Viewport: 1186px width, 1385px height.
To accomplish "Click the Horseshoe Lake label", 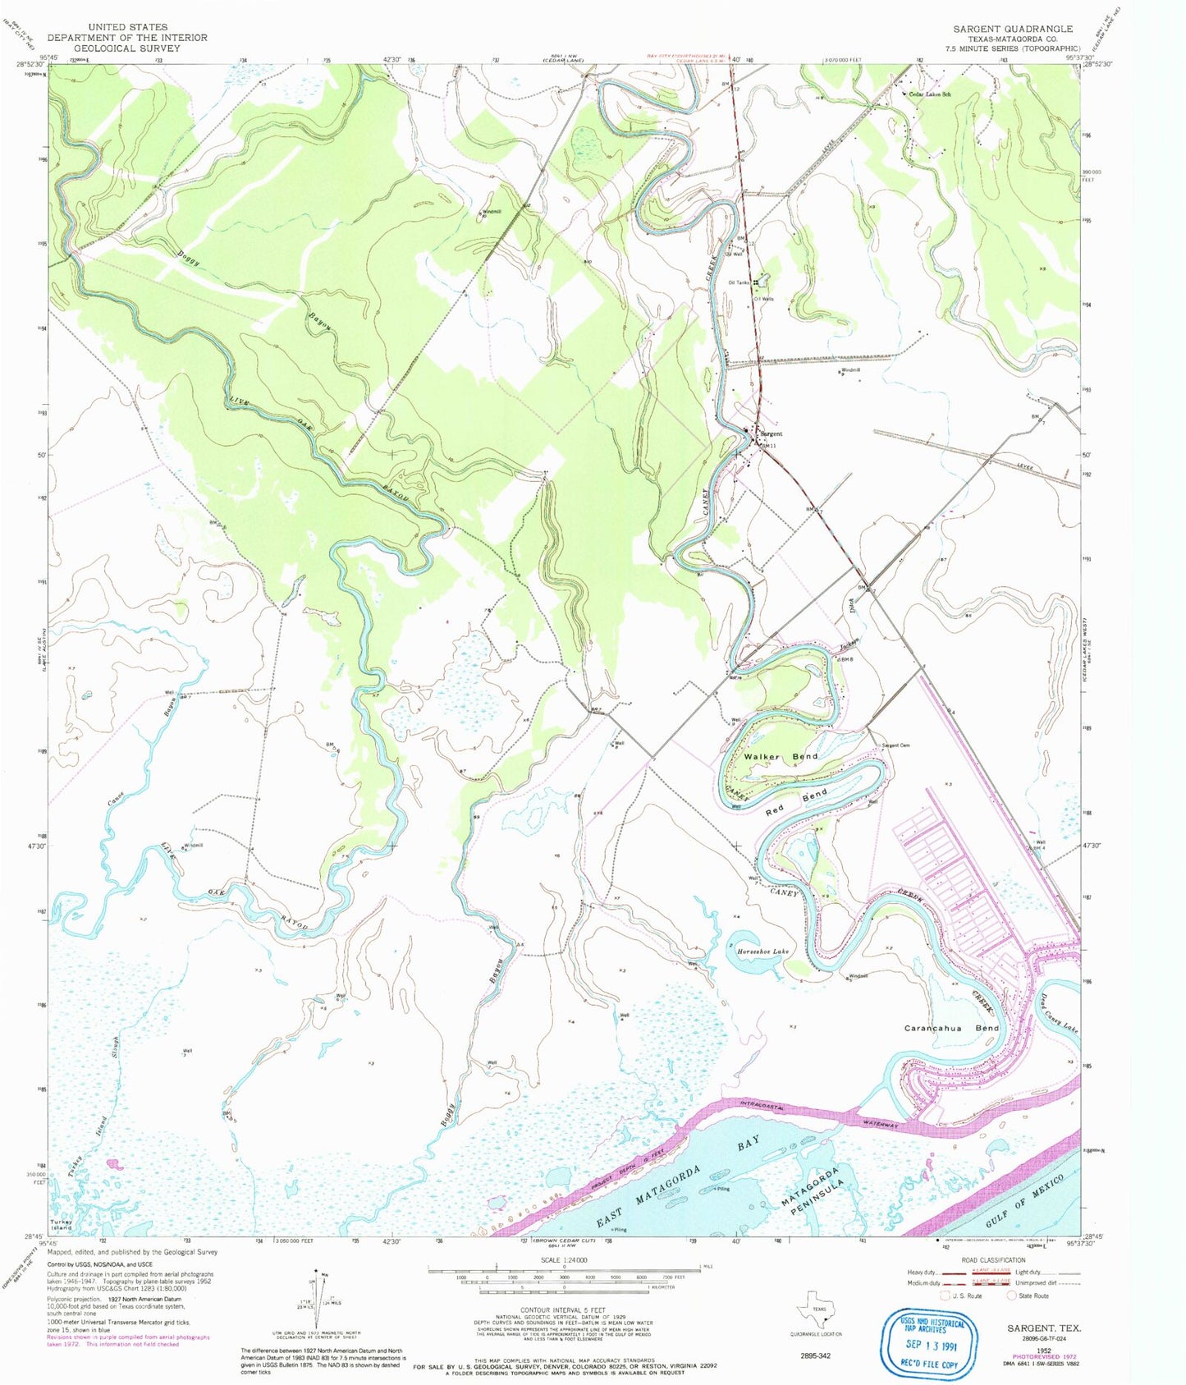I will click(x=762, y=952).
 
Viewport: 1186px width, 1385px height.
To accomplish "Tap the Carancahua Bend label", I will click(x=951, y=1028).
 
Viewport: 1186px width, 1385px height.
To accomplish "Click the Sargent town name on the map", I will click(x=771, y=433).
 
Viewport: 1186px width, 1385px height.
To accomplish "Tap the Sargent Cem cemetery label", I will click(x=895, y=745).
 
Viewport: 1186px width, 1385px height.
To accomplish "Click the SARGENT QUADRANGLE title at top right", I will click(x=1013, y=29).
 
